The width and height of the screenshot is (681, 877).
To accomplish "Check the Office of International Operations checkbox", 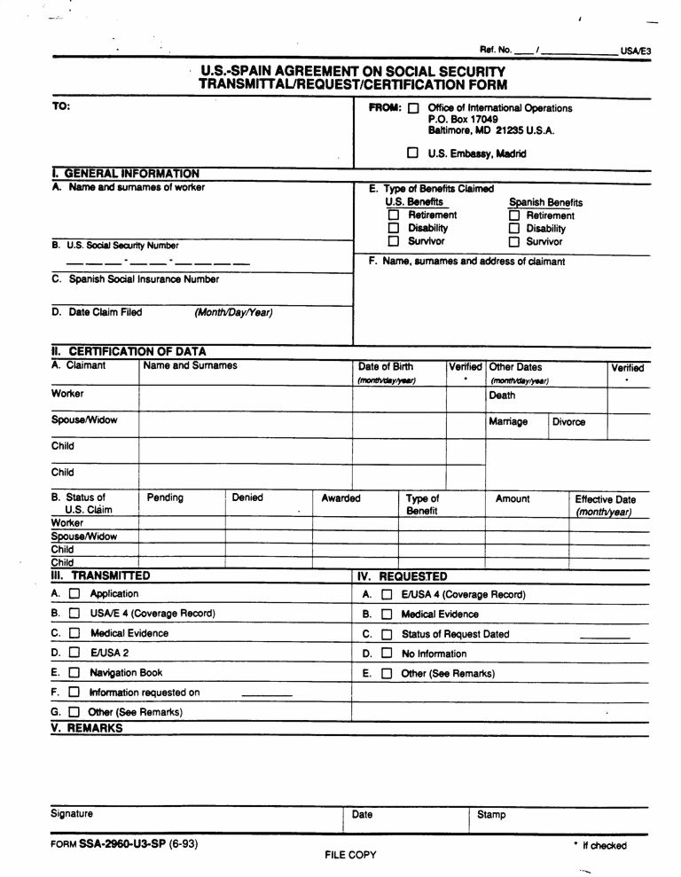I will pos(413,109).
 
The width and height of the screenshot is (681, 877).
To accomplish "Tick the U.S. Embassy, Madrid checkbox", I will pos(413,153).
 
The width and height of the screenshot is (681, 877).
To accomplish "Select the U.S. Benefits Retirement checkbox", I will pos(394,215).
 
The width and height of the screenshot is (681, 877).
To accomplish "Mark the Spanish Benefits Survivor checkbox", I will pos(513,242).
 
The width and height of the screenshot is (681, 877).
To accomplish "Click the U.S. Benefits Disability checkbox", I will pos(394,229).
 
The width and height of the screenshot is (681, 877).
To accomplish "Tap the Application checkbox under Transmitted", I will pos(74,594).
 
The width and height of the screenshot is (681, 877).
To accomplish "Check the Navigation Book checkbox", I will pos(74,673).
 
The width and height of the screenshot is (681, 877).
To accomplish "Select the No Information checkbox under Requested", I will pos(387,654).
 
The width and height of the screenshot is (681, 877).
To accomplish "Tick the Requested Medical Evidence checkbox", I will pos(387,614).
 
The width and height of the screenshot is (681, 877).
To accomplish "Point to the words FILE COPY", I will pos(351,855).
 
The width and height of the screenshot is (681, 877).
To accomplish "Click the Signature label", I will pos(72,814).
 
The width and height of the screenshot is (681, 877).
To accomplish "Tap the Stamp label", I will pos(491,815).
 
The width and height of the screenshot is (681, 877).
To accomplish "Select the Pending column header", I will pos(165,498).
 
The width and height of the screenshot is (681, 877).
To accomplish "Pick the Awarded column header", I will pos(340,498).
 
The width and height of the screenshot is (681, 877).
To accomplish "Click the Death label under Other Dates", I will pos(502,396).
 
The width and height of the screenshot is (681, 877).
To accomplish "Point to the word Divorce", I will pos(568,422).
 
